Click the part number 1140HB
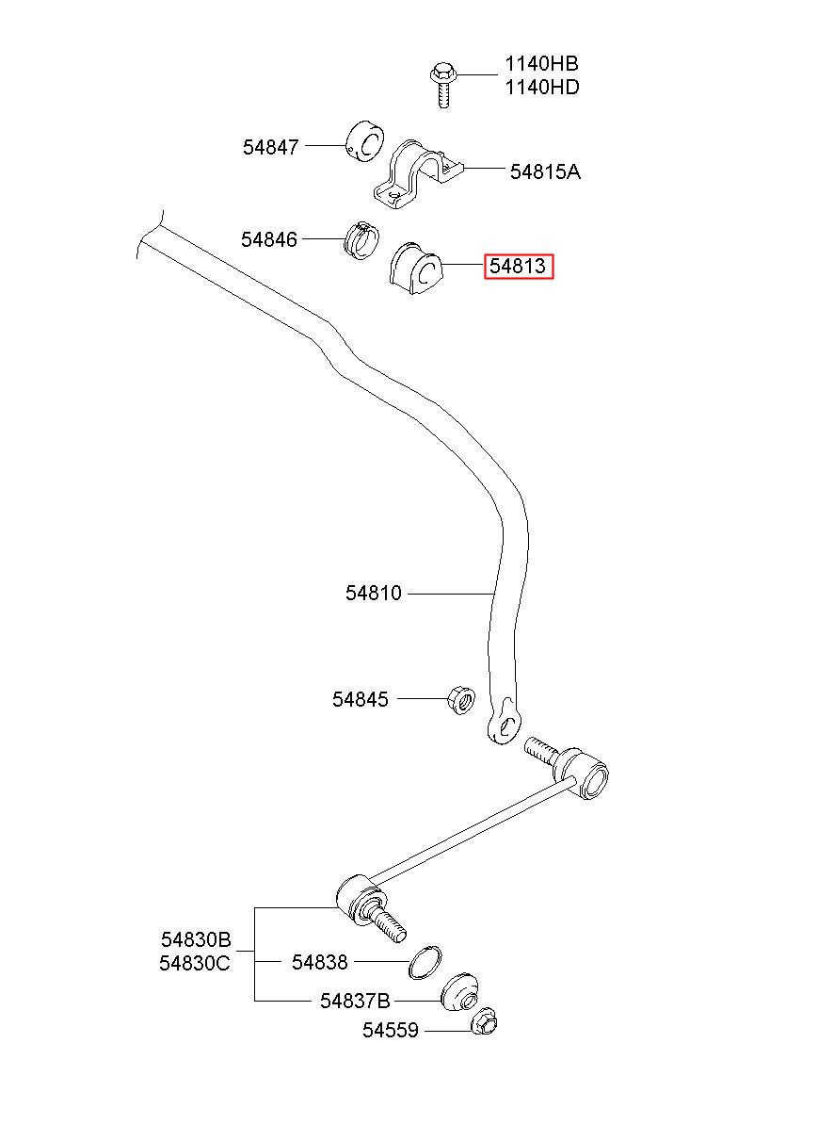[541, 64]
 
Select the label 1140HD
[542, 88]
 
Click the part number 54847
[270, 147]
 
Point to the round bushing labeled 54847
[365, 141]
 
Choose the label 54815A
[545, 171]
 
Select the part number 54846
[268, 239]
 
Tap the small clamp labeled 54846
[361, 240]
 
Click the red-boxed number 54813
[518, 266]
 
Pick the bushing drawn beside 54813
[416, 269]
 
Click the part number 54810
[374, 593]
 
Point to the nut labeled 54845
[461, 700]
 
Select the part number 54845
[361, 699]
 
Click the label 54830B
[196, 938]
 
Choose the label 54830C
[195, 963]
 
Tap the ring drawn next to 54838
[425, 962]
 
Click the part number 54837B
[355, 1001]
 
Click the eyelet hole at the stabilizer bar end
[506, 725]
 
